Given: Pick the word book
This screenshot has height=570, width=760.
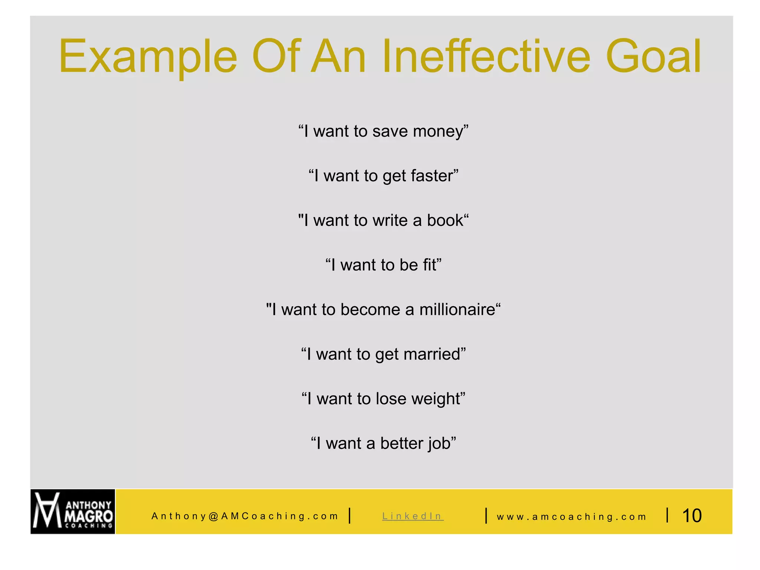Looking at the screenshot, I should (x=445, y=220).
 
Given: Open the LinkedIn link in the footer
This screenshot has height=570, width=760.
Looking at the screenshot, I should (x=413, y=516).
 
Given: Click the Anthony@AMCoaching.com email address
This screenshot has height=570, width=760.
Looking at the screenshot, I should (x=245, y=516).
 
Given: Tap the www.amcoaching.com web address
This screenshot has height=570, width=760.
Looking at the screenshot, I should (x=571, y=517).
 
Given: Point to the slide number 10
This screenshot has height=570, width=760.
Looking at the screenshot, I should (x=692, y=515).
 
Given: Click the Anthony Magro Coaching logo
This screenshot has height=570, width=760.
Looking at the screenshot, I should (x=73, y=511).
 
